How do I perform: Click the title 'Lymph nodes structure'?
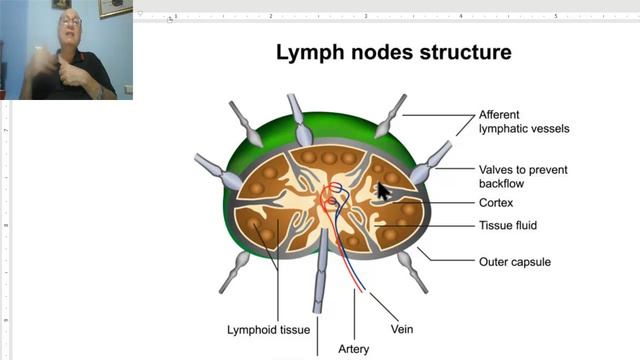pos(393,52)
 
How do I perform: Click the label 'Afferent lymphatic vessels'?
pos(514,121)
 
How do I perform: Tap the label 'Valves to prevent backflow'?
pos(523,177)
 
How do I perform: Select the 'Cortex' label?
pos(496,203)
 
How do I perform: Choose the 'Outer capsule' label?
pos(514,262)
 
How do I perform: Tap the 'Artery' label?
pos(354,349)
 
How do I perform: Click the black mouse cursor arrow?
pos(383,191)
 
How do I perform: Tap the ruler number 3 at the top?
pos(365,17)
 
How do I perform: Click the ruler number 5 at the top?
pos(555,17)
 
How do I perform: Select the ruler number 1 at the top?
pos(176,17)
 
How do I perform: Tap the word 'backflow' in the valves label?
pos(501,184)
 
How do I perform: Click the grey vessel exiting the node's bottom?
pos(320,290)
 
